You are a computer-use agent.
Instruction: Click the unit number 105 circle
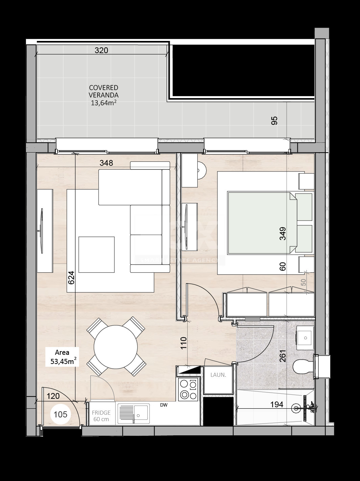[61, 414]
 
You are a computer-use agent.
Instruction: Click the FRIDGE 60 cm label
[101, 416]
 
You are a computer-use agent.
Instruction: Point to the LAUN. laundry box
[218, 375]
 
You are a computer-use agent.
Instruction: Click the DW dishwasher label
[164, 405]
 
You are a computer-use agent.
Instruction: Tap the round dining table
[116, 347]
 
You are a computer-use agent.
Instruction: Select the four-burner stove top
[188, 389]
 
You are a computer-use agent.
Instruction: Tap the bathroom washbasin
[305, 338]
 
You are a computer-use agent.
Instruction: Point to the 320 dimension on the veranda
[101, 51]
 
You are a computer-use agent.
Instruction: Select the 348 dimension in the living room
[106, 163]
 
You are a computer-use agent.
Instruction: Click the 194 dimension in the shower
[277, 404]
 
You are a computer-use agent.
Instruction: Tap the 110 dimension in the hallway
[183, 344]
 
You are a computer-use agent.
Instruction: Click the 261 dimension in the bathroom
[283, 356]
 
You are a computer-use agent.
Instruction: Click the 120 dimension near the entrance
[53, 396]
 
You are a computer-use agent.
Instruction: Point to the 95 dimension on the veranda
[274, 121]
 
